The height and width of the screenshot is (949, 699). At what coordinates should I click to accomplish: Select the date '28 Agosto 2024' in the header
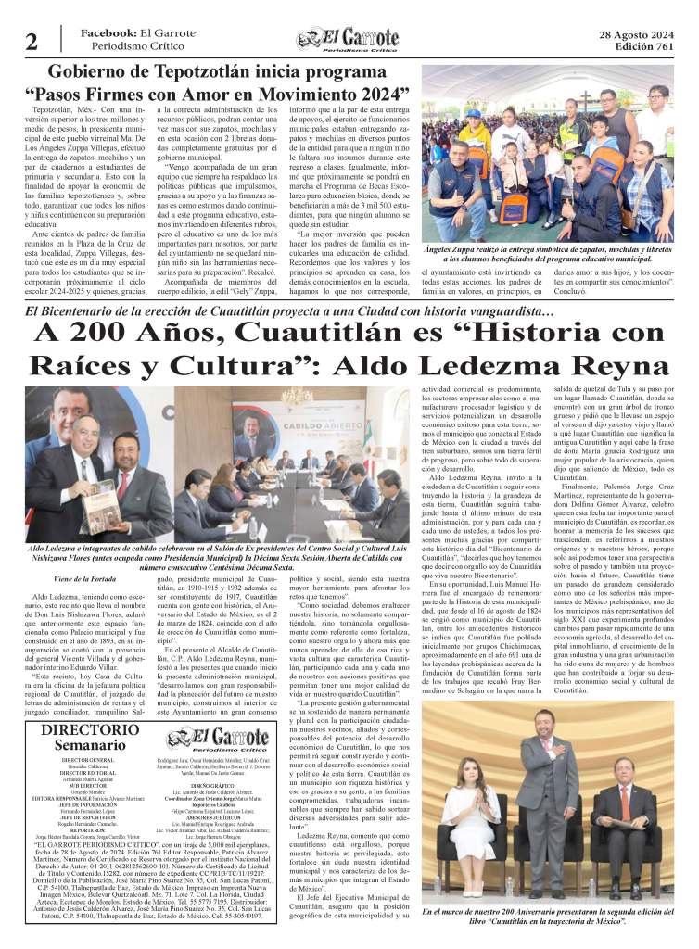639,35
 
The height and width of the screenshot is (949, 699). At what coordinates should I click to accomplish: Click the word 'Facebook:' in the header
108,33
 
